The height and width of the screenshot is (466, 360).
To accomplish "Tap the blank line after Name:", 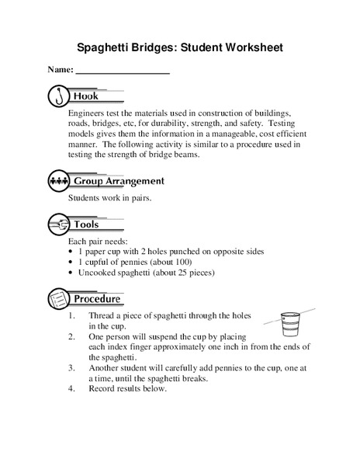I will click(123, 71).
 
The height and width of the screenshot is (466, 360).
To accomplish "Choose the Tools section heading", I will click(86, 224).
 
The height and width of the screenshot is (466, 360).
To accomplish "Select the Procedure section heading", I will click(97, 298).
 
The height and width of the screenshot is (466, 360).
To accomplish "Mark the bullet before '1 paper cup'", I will click(71, 252).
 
